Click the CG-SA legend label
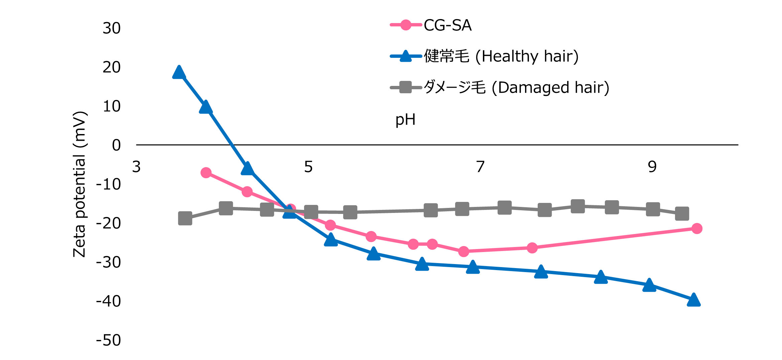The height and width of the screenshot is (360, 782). click(447, 25)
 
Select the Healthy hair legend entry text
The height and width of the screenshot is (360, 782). click(501, 56)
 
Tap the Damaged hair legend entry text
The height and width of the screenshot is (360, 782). click(516, 88)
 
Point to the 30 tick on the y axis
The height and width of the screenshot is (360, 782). click(112, 28)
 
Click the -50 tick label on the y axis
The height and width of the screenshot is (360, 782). click(109, 340)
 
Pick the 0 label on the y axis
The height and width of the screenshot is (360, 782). click(116, 145)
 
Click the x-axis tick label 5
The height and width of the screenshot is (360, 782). click(308, 167)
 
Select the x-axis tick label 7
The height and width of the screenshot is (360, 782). click(480, 167)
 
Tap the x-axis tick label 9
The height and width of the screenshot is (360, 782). click(652, 167)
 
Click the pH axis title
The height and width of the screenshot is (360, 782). click(405, 120)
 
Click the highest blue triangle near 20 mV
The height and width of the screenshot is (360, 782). click(179, 73)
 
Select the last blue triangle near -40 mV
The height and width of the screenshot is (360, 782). click(694, 300)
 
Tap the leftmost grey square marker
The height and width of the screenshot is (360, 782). click(185, 218)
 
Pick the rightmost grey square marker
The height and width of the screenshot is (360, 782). click(682, 214)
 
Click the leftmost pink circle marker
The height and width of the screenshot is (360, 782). click(206, 173)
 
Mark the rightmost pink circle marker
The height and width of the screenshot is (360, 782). click(697, 229)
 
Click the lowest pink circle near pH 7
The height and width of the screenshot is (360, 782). click(464, 251)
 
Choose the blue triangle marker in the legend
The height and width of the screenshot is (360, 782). click(406, 56)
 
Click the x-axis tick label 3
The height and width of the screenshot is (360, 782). click(136, 167)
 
